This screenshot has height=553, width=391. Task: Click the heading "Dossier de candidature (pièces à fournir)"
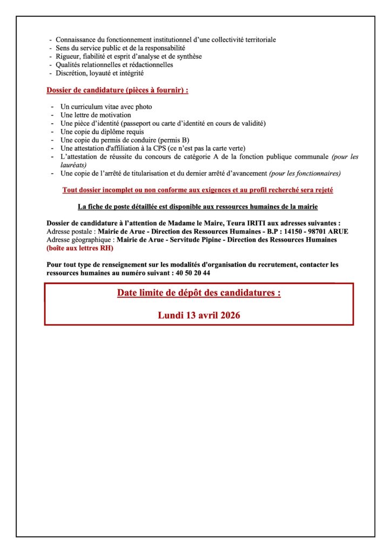pos(117,90)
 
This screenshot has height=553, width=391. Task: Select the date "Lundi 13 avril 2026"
pos(199,315)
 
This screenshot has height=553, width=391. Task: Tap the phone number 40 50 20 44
pos(193,273)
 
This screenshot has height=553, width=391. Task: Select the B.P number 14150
pos(294,231)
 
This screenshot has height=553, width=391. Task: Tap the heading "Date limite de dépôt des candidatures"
pos(199,293)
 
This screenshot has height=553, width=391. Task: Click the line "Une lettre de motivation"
pos(96,115)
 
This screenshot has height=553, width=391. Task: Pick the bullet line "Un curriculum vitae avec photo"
pos(106,107)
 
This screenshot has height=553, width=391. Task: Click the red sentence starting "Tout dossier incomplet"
pos(198,190)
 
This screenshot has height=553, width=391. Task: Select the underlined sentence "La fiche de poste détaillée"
pos(198,207)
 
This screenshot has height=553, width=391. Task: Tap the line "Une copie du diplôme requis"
pos(102,132)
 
